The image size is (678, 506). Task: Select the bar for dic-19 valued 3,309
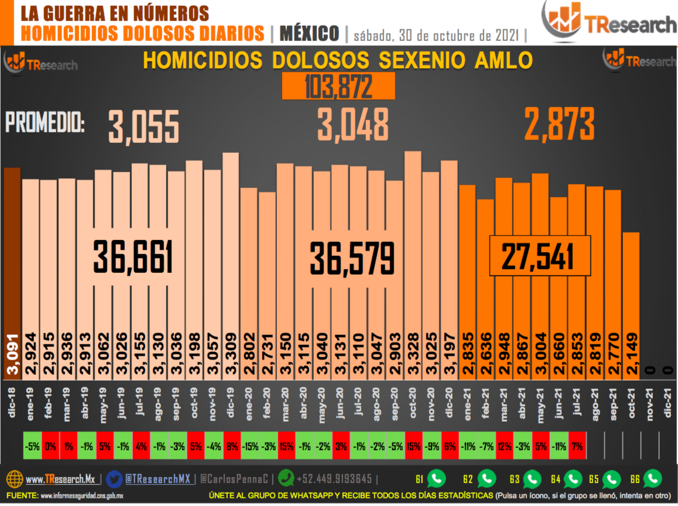tap(231, 264)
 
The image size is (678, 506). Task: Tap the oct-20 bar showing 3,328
tap(413, 264)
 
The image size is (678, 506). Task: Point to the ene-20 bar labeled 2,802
tap(249, 281)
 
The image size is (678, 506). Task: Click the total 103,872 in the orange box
tap(338, 87)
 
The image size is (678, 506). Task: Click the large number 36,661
tap(133, 258)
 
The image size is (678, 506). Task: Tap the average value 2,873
tap(559, 124)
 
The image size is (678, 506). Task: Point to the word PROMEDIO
tap(45, 124)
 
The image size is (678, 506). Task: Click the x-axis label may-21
tap(540, 404)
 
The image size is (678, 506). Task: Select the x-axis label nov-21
tap(649, 404)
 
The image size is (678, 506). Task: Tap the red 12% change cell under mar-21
tap(504, 446)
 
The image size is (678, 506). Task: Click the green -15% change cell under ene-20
tap(249, 446)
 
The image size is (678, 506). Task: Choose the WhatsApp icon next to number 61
tap(436, 479)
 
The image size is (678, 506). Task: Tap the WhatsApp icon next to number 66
tap(652, 479)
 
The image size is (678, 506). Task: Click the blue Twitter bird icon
tap(115, 479)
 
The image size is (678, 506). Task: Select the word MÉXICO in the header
tap(309, 33)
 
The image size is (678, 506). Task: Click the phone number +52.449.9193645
tap(334, 479)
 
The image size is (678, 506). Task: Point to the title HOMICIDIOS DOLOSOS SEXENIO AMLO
tap(338, 61)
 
